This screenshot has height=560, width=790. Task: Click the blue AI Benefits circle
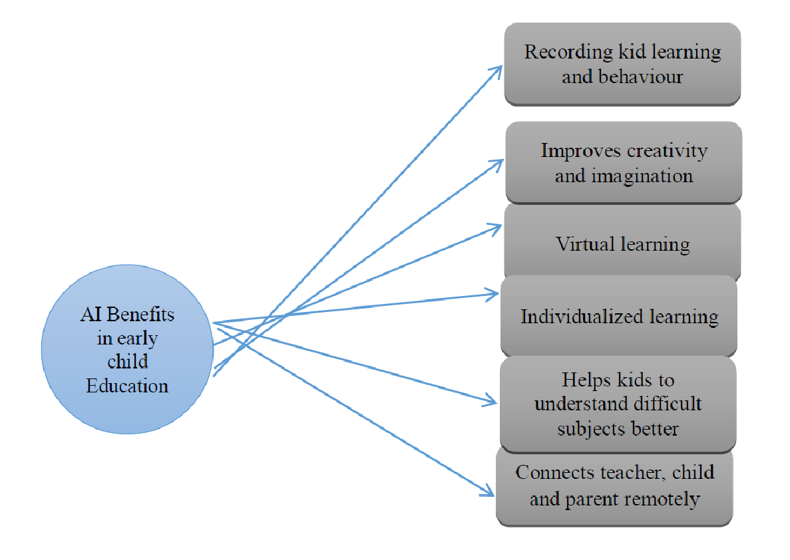point(128,349)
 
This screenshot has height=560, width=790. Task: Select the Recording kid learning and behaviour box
point(622,65)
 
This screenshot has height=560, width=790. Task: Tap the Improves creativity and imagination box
point(624,163)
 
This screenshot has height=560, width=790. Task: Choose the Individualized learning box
point(619,317)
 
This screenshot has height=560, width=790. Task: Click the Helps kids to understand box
point(618,404)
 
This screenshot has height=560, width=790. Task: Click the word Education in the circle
point(127,386)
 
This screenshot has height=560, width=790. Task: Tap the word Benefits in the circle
point(140,314)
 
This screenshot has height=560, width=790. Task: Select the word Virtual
point(586,243)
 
